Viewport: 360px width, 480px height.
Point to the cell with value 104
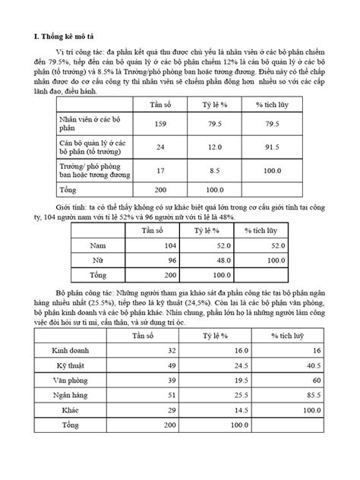tap(168, 245)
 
